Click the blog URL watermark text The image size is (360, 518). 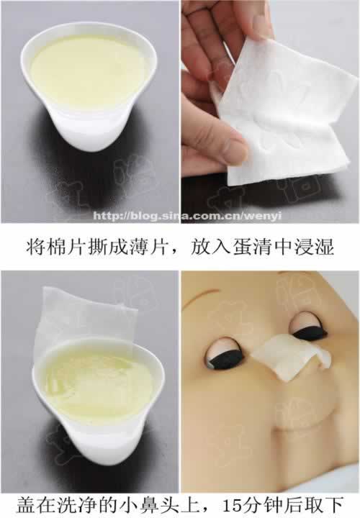coord(187,216)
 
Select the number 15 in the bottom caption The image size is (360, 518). coord(233,506)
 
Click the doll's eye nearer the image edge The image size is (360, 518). coord(308,325)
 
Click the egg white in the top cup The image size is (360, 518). coord(89,69)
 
